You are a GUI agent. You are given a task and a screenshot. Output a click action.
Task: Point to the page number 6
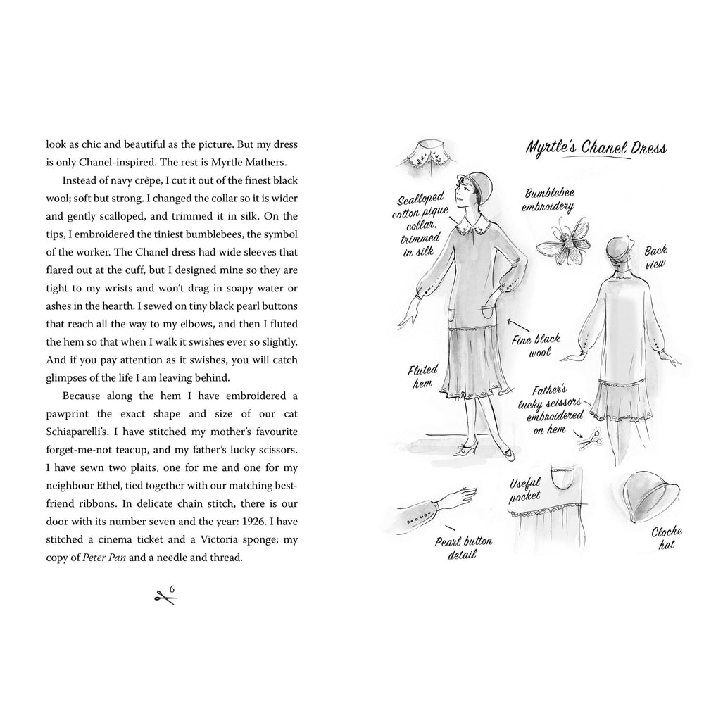tap(171, 589)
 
